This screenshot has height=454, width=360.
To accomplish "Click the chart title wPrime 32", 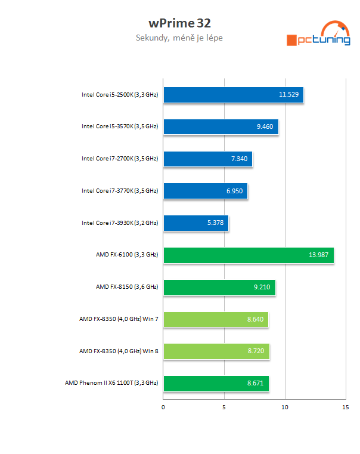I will (179, 23).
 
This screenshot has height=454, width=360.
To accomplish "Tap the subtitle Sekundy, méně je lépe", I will (179, 38).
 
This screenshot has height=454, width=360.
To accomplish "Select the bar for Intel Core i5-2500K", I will (233, 94).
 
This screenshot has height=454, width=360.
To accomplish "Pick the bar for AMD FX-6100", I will (248, 255).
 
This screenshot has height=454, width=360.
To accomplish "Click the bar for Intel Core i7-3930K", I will (195, 223).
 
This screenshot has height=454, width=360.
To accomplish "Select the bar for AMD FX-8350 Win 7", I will (216, 320).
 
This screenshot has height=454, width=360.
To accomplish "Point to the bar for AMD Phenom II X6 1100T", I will (216, 384).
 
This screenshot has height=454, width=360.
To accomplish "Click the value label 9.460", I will (265, 127).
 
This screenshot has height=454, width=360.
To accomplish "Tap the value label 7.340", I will (239, 159).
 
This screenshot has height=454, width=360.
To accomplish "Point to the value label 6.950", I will (234, 192).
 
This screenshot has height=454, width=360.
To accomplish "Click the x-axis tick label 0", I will (163, 408).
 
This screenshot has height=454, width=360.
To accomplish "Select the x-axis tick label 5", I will (224, 408).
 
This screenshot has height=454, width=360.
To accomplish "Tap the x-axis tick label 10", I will (285, 408).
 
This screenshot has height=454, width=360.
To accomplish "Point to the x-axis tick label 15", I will (346, 408).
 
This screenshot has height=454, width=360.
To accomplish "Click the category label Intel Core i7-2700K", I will (120, 159).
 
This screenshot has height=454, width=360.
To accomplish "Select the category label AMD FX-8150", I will (127, 288).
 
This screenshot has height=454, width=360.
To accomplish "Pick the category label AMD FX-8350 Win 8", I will (119, 352).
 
